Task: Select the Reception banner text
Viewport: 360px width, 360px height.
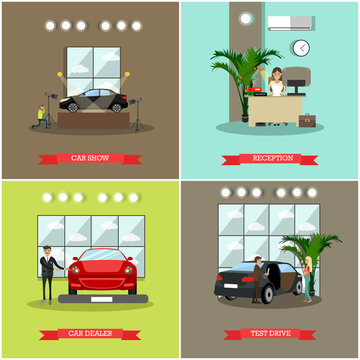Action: click(x=271, y=157)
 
